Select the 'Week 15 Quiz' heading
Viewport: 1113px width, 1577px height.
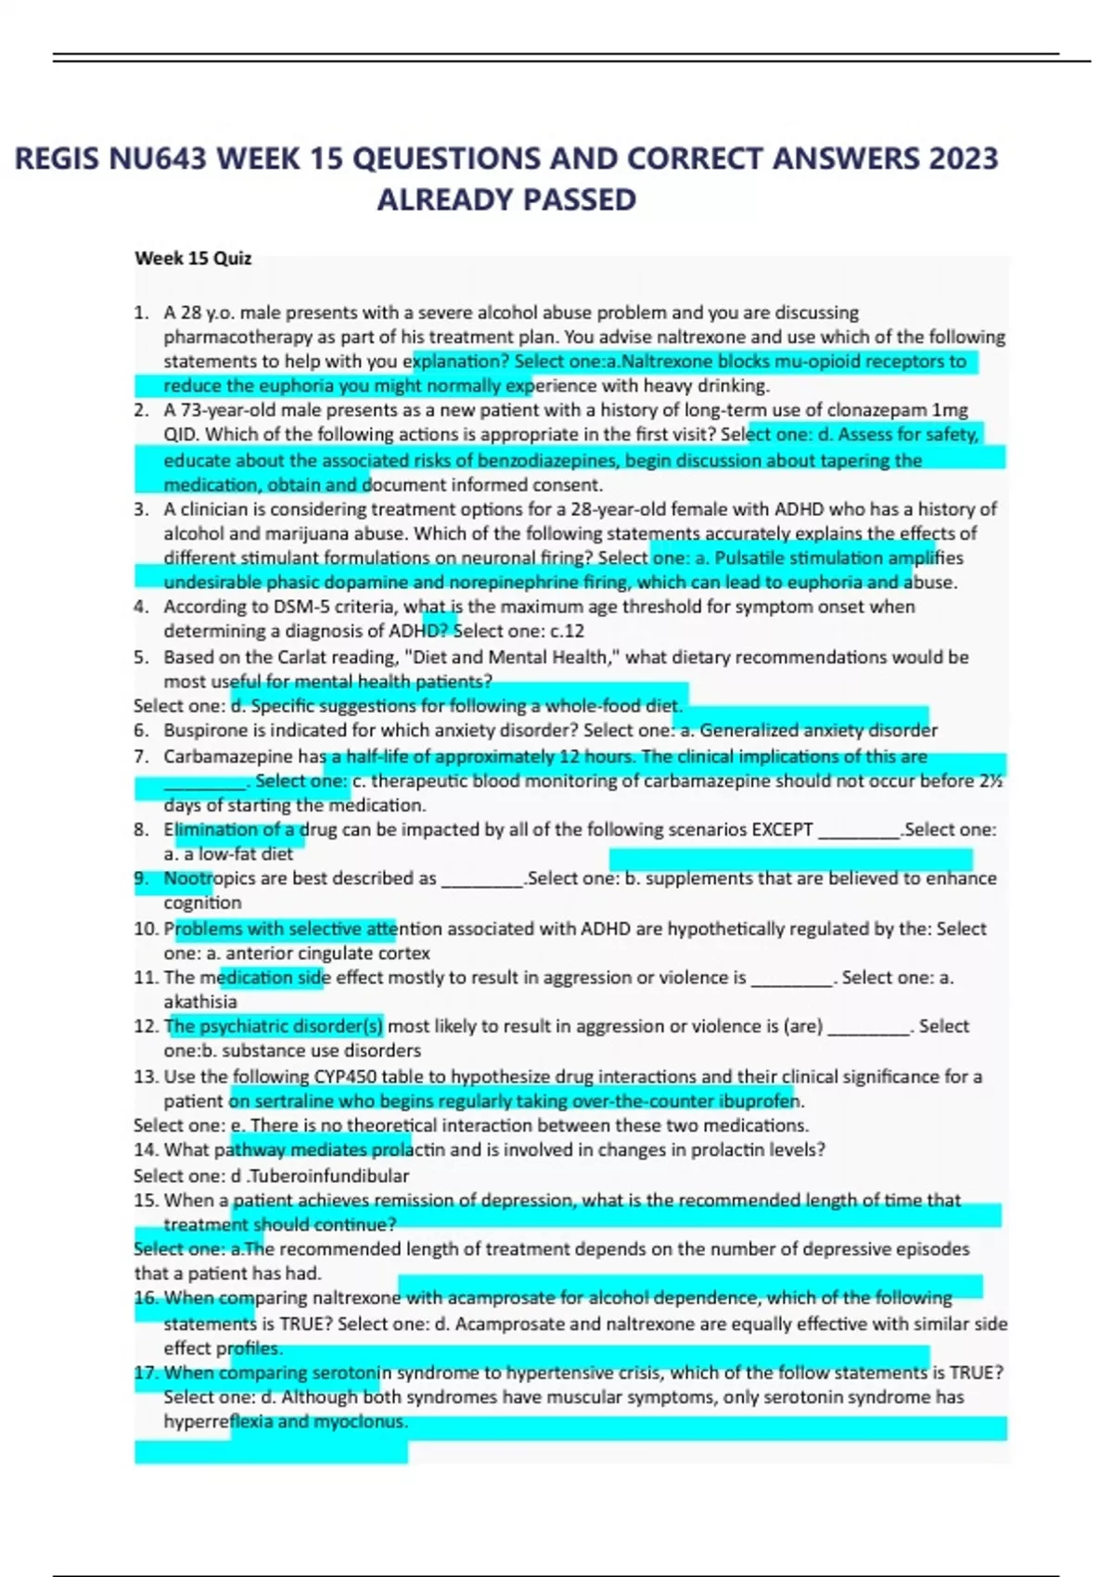point(193,258)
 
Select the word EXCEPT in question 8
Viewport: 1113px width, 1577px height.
point(782,829)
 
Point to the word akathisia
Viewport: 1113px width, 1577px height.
point(200,1002)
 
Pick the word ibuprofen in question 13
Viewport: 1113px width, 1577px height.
point(758,1101)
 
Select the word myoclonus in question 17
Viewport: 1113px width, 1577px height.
point(360,1421)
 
